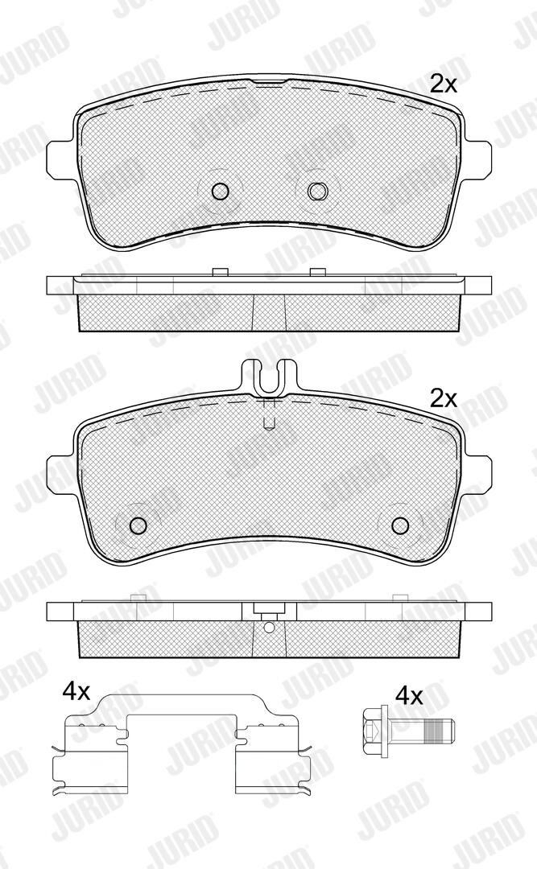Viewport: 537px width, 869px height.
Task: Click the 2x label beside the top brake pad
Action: pyautogui.click(x=444, y=84)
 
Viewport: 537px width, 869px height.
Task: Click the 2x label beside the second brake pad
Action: pyautogui.click(x=444, y=398)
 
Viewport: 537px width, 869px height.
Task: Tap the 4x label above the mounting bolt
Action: pyautogui.click(x=409, y=695)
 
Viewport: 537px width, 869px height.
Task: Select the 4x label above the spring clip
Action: pyautogui.click(x=76, y=691)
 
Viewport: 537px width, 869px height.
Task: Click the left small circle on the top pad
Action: pyautogui.click(x=221, y=192)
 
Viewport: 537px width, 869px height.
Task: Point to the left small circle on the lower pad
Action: pyautogui.click(x=137, y=525)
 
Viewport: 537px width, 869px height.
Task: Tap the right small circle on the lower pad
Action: pyautogui.click(x=399, y=525)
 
